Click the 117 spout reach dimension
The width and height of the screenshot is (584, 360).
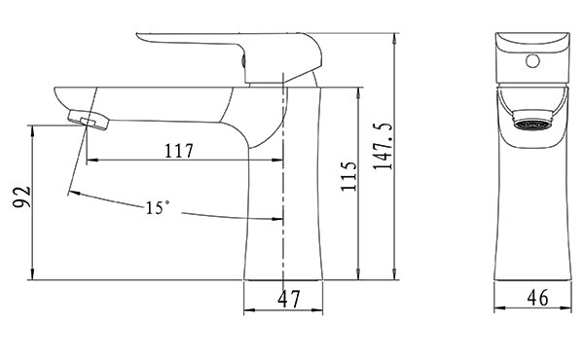point(179,151)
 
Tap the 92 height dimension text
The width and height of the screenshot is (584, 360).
point(21,197)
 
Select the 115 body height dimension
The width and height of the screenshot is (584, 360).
point(349,176)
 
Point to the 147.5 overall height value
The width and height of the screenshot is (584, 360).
point(383,146)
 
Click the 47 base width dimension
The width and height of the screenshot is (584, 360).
point(289,299)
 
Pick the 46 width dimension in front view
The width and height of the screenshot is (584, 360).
point(538,298)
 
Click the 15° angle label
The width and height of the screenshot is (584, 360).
point(157,208)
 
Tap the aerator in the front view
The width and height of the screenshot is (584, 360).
point(532,121)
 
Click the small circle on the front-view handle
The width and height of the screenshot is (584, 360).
point(533,61)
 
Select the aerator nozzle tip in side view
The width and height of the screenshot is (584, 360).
point(88,120)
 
